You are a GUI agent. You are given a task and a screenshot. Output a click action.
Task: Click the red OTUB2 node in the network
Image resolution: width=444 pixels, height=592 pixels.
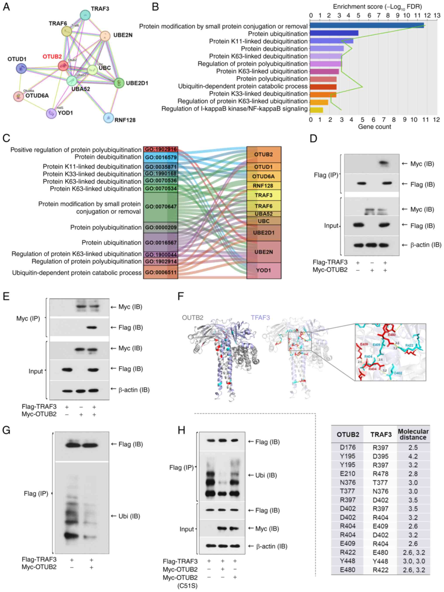pyautogui.click(x=63, y=66)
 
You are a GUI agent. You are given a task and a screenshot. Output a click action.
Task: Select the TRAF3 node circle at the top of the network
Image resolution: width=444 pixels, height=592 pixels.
pyautogui.click(x=85, y=15)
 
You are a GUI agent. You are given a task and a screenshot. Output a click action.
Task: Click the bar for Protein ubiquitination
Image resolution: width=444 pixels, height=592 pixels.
pyautogui.click(x=334, y=33)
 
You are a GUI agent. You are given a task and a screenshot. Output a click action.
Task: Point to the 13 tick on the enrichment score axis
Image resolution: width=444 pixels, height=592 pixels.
pyautogui.click(x=437, y=16)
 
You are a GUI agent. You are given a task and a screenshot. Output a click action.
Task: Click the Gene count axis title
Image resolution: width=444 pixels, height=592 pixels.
pyautogui.click(x=374, y=127)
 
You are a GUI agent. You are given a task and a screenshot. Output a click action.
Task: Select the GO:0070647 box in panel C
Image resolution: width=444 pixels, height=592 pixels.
pyautogui.click(x=160, y=207)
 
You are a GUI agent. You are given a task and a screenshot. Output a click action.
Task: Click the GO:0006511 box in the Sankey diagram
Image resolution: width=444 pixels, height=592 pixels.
pyautogui.click(x=160, y=273)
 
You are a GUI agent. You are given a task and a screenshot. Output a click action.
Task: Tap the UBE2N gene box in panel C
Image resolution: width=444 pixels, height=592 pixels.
pyautogui.click(x=264, y=252)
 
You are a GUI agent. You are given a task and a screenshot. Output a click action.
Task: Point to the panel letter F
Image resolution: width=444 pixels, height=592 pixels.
pyautogui.click(x=181, y=296)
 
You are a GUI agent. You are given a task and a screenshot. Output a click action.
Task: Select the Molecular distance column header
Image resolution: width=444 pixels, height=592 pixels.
pyautogui.click(x=413, y=434)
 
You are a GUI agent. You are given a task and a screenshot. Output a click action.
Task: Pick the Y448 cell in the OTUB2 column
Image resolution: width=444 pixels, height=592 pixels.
pyautogui.click(x=347, y=561)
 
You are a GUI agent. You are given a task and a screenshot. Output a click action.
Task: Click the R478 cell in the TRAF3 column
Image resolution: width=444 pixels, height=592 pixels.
pyautogui.click(x=380, y=474)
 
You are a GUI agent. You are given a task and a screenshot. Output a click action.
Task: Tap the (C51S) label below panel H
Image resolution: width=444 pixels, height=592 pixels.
pyautogui.click(x=187, y=586)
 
